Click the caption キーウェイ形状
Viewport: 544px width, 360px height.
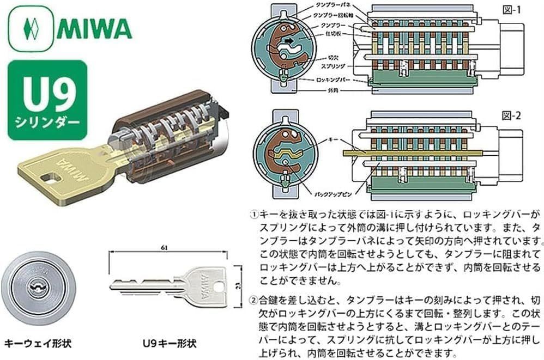click(38, 344)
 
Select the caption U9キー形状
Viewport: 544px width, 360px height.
click(168, 344)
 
